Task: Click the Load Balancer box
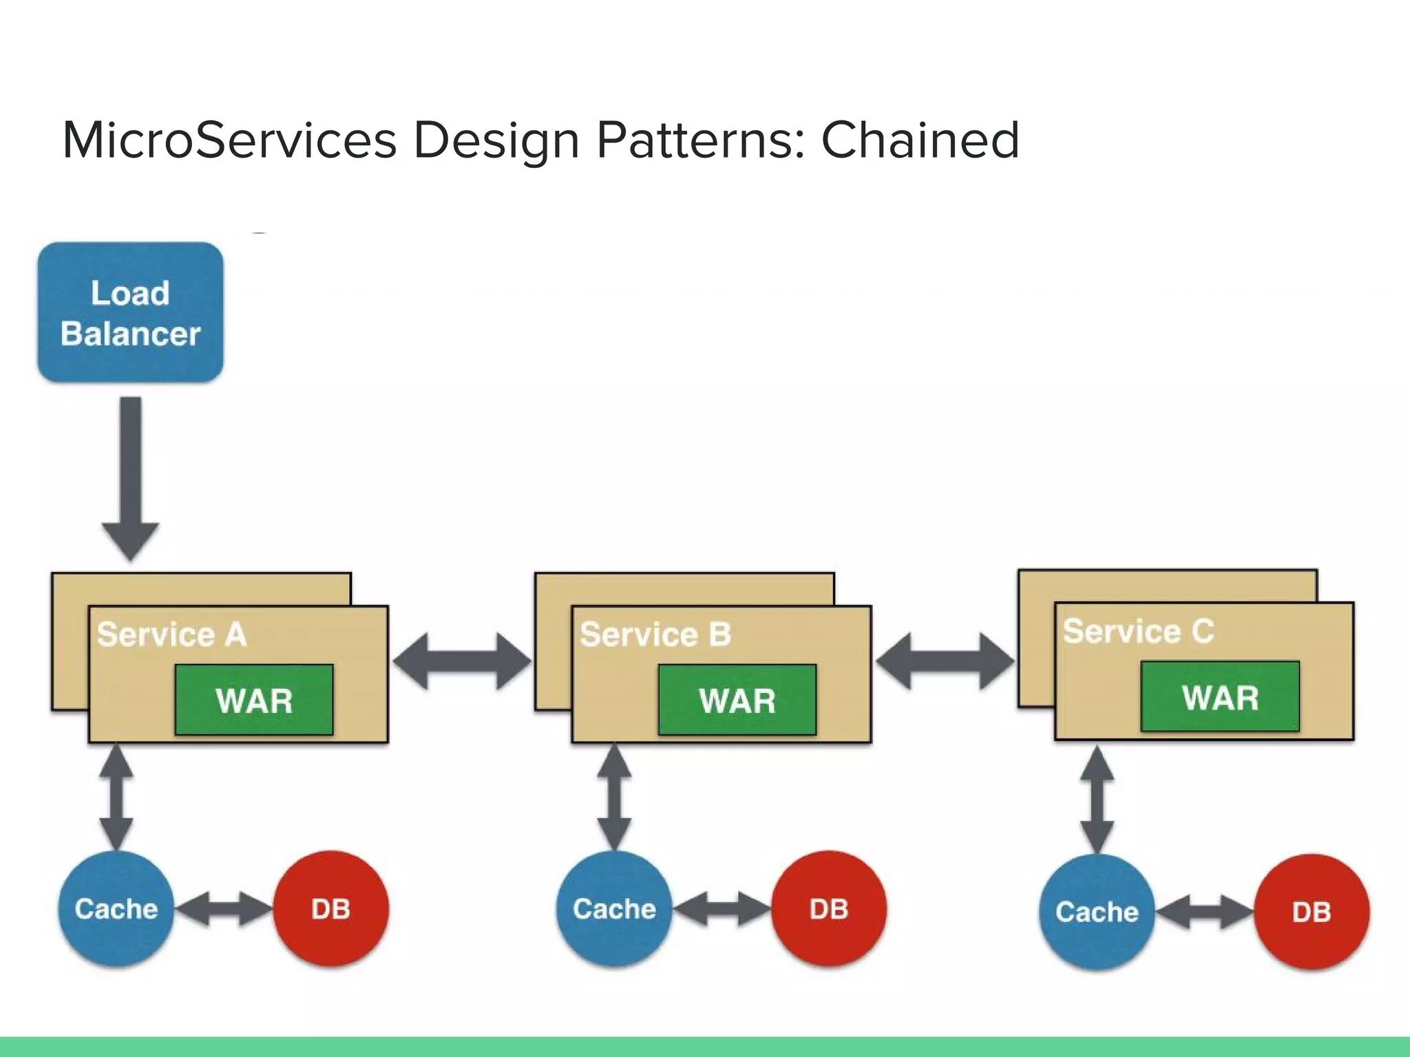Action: (130, 312)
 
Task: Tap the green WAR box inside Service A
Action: (254, 700)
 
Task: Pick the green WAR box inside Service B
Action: (737, 700)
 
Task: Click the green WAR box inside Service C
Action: (1220, 696)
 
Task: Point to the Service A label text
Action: (171, 634)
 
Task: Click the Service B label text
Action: (655, 634)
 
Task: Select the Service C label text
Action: (1138, 631)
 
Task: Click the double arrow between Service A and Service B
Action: (462, 661)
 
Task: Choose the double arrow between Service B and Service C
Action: (945, 661)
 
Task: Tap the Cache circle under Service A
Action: (116, 909)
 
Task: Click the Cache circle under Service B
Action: (614, 909)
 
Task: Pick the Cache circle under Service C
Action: (1097, 912)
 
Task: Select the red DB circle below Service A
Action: (331, 909)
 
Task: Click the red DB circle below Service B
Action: (829, 909)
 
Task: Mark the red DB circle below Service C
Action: (1312, 912)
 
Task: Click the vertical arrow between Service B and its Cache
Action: (614, 797)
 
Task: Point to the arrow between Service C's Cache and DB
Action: (1204, 912)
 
